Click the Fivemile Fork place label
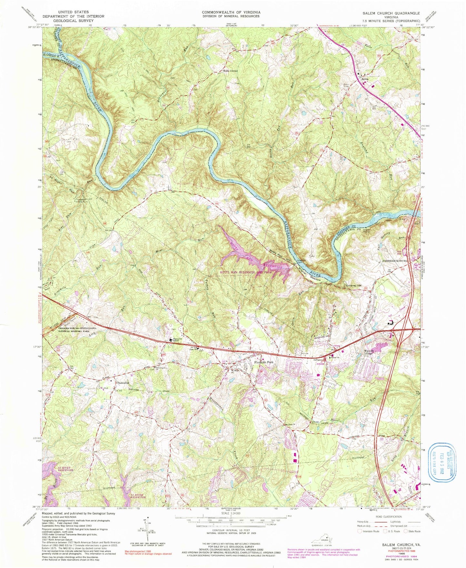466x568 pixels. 263,362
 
